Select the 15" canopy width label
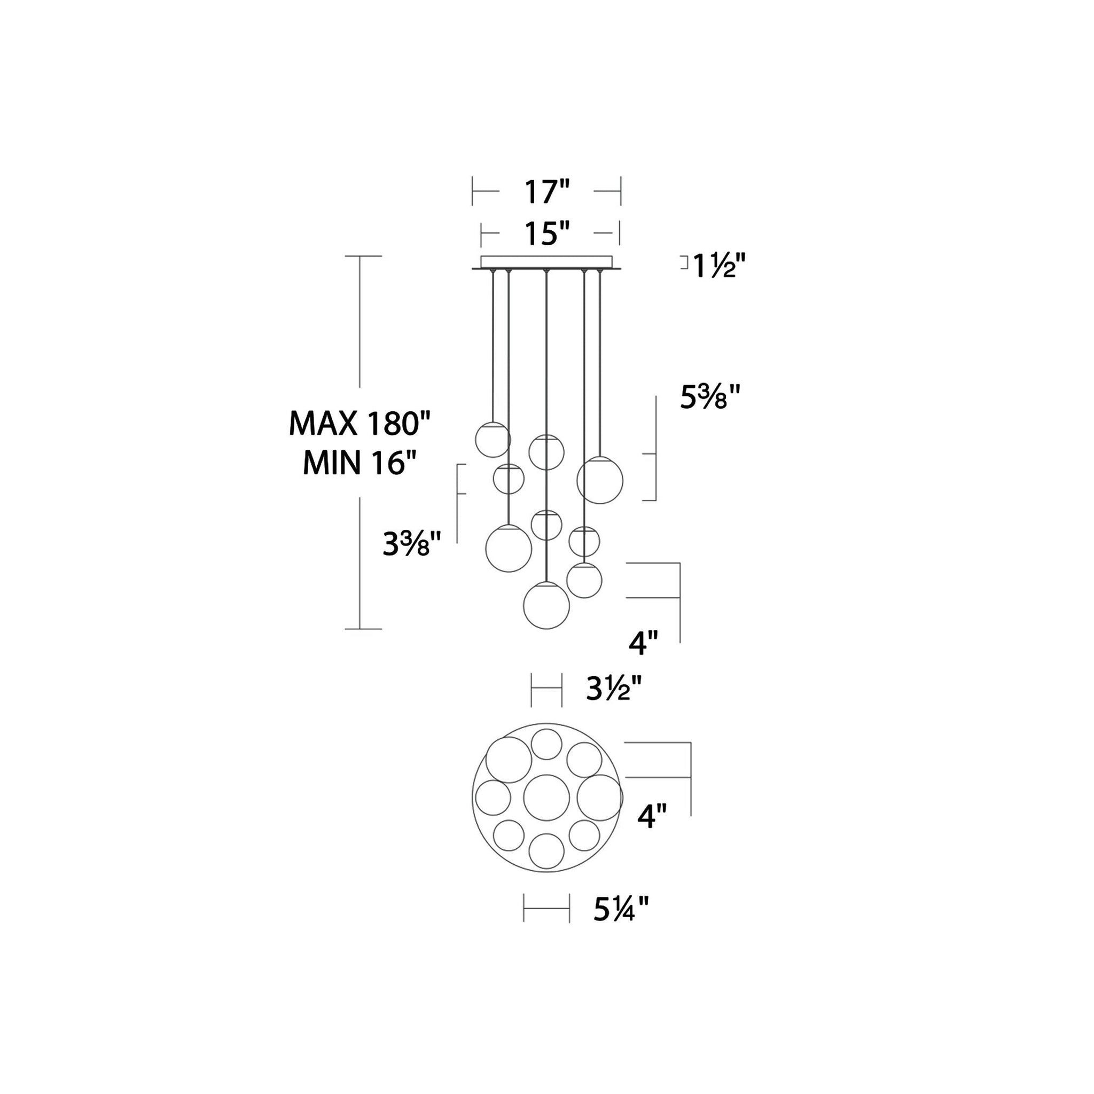546,233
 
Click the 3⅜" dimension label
412,544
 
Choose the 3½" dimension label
614,689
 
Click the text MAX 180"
360,423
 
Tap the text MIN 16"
360,463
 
